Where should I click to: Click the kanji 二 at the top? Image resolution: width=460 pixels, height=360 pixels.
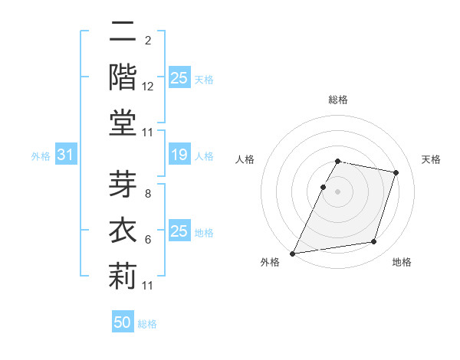coord(123,31)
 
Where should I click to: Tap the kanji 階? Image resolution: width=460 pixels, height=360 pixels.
coord(123,76)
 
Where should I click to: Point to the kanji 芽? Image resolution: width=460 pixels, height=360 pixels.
coord(123,187)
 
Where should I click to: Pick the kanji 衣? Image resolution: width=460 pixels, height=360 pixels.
coord(123,231)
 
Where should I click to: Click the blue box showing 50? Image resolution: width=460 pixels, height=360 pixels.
coord(123,322)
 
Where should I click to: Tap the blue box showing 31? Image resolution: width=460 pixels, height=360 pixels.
coord(66,155)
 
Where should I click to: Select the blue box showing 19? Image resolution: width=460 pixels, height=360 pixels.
coord(179,155)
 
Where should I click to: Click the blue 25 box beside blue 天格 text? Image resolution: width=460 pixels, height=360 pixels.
coord(179,77)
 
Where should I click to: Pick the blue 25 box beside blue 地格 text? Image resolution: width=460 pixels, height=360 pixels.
coord(179,231)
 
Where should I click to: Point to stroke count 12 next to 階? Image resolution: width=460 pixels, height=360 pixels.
coord(148,87)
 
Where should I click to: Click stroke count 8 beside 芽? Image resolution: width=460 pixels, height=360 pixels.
coord(148,195)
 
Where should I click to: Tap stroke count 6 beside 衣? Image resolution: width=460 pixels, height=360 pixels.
coord(148,240)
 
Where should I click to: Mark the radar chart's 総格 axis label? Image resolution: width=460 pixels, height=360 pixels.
coord(338,100)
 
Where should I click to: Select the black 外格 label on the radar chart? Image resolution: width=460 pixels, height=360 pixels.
coord(270,263)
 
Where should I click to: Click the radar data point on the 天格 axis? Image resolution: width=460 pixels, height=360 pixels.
coord(396,172)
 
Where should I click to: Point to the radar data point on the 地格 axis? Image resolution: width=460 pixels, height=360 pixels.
coord(373,242)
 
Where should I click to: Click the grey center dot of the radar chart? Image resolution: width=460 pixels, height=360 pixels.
coord(338,191)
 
